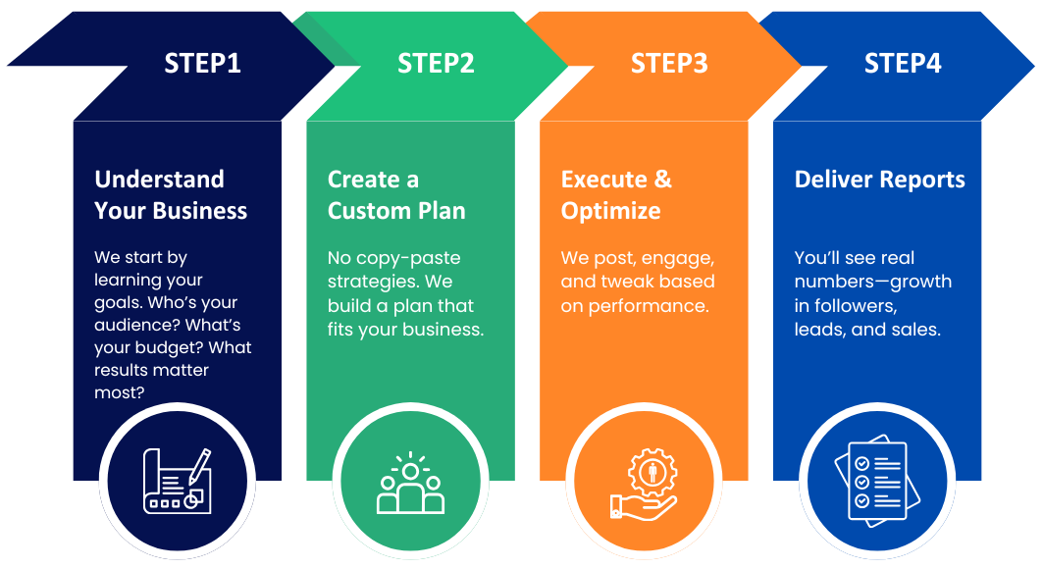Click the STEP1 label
coord(202,64)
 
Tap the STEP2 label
coord(436,64)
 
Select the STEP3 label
coord(669,64)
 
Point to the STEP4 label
coord(903,64)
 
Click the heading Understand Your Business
coord(171,195)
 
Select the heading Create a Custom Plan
coord(396,195)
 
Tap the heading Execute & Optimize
coord(616,195)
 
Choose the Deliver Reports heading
coord(879,180)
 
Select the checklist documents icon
coord(877,481)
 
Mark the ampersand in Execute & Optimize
coord(662,180)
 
